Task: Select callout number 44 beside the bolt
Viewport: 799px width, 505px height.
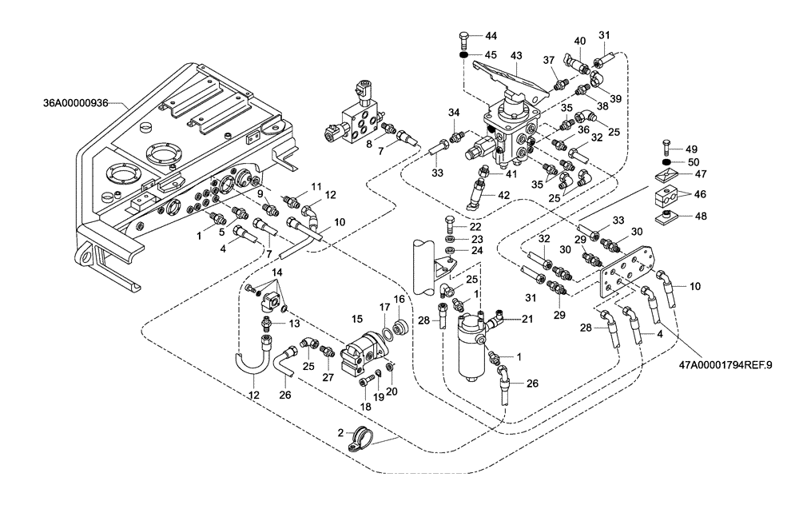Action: click(x=491, y=37)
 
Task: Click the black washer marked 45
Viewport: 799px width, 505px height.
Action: click(x=463, y=54)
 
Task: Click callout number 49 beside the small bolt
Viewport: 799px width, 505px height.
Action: click(x=692, y=149)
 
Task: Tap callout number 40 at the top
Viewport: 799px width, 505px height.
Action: click(x=579, y=41)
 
